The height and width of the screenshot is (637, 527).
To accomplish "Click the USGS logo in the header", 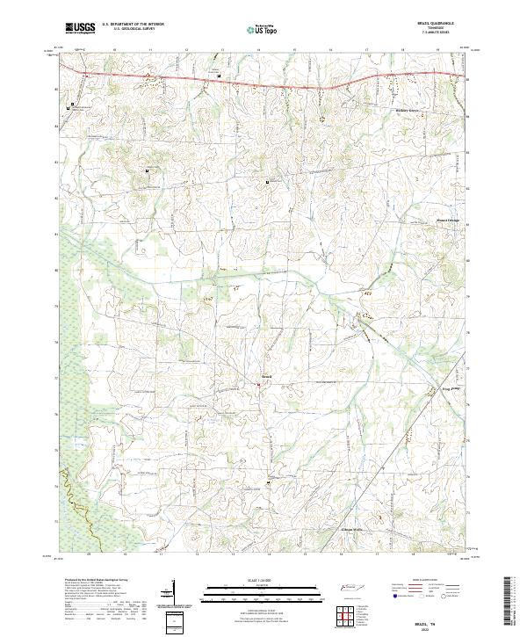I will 81,29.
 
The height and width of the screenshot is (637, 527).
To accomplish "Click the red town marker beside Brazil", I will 259,383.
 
